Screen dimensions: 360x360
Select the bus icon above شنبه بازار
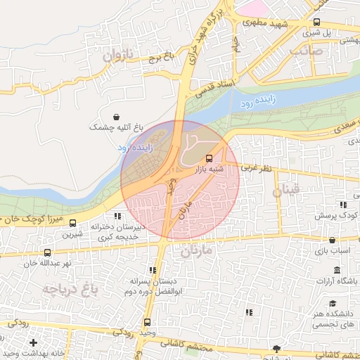click(x=209, y=157)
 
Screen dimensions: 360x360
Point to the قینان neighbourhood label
click(x=286, y=189)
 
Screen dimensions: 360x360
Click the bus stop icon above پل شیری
click(x=316, y=22)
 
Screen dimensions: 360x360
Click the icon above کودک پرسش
click(x=342, y=204)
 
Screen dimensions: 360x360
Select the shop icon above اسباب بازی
click(x=332, y=240)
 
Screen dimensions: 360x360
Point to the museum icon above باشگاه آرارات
click(x=337, y=271)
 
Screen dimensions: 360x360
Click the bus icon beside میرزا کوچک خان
click(x=73, y=223)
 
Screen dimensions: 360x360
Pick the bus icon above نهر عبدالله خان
click(x=48, y=252)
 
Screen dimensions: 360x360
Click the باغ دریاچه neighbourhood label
click(x=68, y=288)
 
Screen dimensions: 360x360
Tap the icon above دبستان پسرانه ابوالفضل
click(x=152, y=270)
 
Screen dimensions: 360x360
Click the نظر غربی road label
click(x=256, y=168)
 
